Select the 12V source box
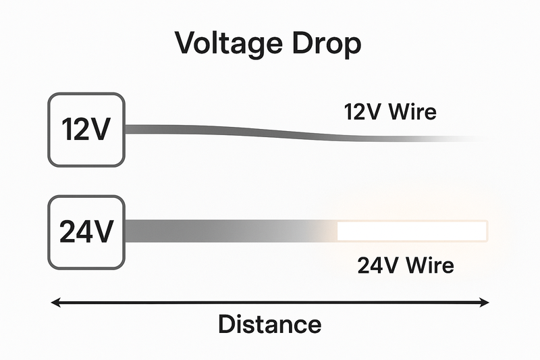coord(86,130)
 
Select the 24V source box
coord(86,232)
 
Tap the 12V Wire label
coord(390,111)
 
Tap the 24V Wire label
coord(405,265)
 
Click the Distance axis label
coord(269,324)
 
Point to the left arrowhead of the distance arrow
coord(57,303)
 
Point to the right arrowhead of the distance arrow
coord(483,303)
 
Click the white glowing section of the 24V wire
coord(412,231)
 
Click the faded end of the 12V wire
coord(459,139)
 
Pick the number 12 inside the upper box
coord(74,130)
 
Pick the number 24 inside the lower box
coord(74,232)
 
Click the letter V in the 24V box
coord(102,232)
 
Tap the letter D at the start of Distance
coord(226,324)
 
